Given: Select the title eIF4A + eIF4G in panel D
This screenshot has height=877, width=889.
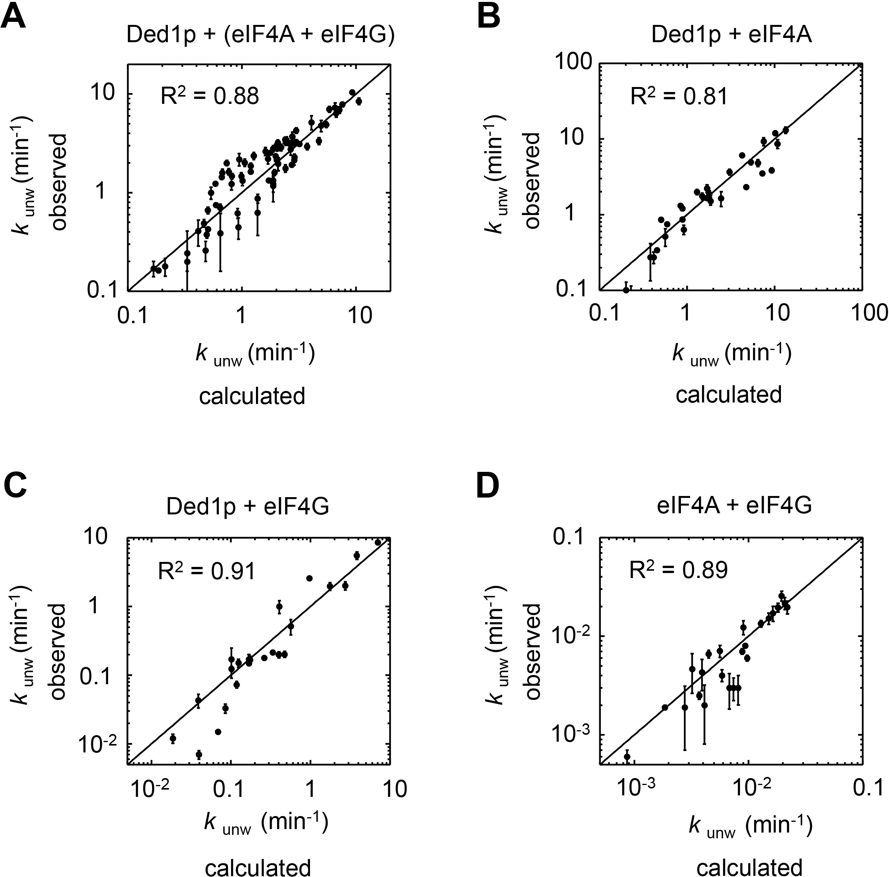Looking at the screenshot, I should [734, 506].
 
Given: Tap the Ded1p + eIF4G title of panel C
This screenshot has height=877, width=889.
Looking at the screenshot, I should [248, 506].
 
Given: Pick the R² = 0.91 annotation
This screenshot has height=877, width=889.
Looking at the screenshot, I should [206, 572].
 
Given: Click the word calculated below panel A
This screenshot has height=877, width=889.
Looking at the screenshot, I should [252, 396].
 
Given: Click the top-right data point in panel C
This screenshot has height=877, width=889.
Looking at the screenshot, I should [378, 542].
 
